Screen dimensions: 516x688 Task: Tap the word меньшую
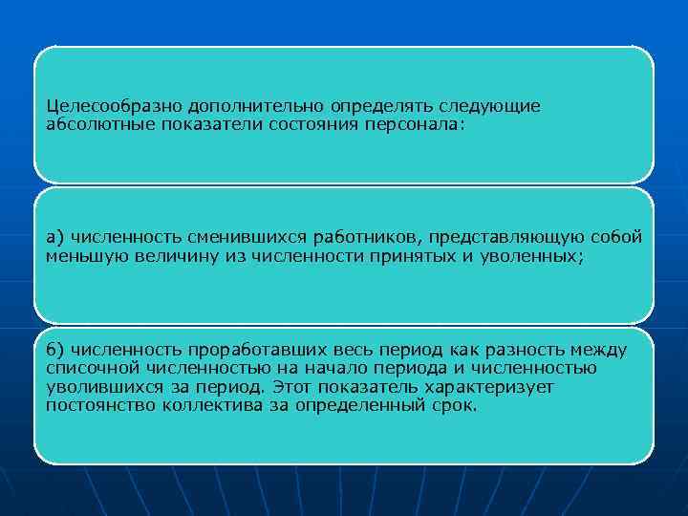pyautogui.click(x=83, y=255)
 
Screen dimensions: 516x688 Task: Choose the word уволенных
pyautogui.click(x=537, y=255)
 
